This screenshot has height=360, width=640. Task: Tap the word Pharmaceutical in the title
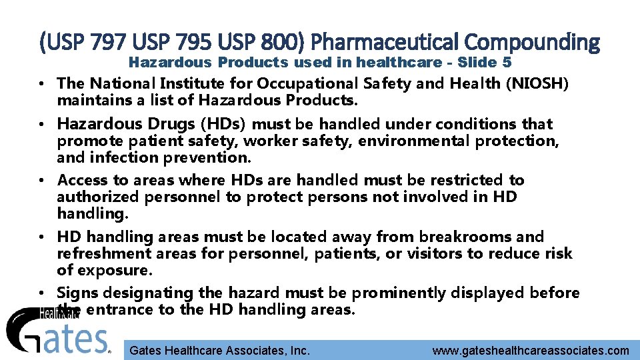point(385,43)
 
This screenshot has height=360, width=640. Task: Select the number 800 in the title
point(276,43)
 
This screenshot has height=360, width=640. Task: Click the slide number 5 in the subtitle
point(507,63)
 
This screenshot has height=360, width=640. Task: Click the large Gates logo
point(57,331)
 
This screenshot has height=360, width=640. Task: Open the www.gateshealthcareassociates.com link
point(530,351)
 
